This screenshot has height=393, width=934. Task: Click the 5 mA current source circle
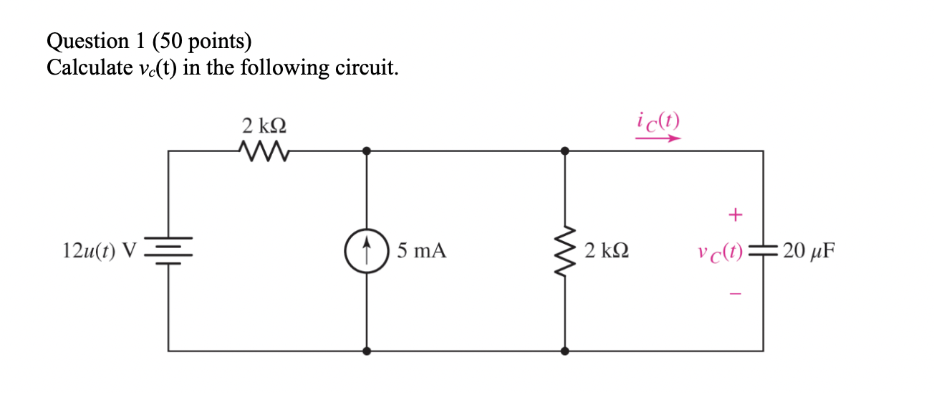(x=367, y=251)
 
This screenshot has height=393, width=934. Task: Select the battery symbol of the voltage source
(x=169, y=251)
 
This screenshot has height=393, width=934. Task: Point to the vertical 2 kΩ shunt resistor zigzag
(x=565, y=251)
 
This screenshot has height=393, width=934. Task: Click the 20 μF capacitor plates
(x=762, y=251)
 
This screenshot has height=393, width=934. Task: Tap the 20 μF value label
(x=809, y=251)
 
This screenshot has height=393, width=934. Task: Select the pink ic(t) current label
(x=657, y=120)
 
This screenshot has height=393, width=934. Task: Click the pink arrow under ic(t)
(x=657, y=139)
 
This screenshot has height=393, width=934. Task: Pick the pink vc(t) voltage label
(x=718, y=252)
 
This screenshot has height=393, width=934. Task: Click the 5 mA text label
(x=422, y=251)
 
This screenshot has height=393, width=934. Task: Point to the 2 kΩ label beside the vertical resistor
(x=607, y=251)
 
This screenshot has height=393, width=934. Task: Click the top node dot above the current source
(x=367, y=151)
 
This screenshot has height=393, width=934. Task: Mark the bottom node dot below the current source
(x=367, y=351)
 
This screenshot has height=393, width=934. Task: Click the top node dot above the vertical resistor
(x=565, y=151)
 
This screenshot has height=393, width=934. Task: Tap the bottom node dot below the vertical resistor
(x=565, y=351)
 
